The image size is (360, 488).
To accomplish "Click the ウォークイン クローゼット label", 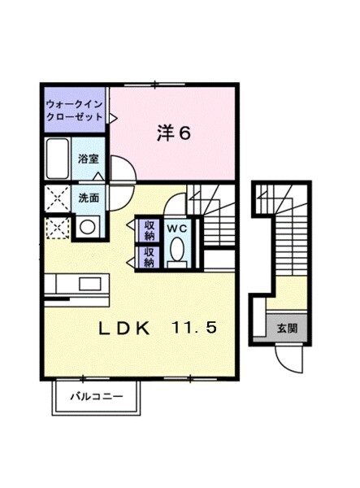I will (75, 111).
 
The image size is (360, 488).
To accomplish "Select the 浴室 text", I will (89, 159).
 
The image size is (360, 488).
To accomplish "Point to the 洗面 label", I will (89, 198).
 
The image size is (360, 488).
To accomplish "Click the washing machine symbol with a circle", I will (87, 228).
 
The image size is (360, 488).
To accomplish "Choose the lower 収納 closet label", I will (150, 257).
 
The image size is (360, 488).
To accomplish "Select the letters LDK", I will (124, 329).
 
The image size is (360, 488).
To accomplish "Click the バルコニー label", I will (96, 398).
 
